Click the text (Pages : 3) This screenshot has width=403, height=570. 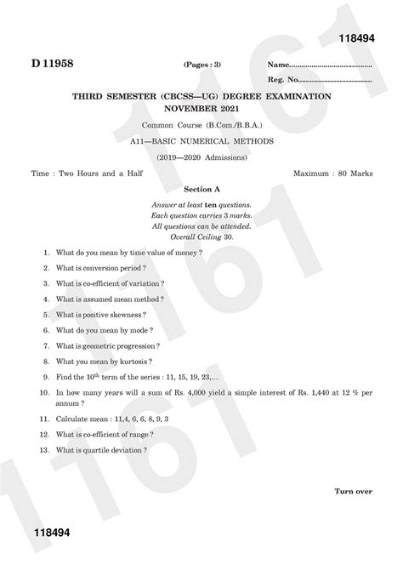202,66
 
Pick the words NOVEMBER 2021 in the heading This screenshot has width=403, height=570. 201,110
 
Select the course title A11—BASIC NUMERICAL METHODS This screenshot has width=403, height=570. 202,141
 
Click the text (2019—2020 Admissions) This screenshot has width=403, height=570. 201,157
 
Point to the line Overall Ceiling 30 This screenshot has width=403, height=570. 202,237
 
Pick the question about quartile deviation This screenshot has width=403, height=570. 101,449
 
